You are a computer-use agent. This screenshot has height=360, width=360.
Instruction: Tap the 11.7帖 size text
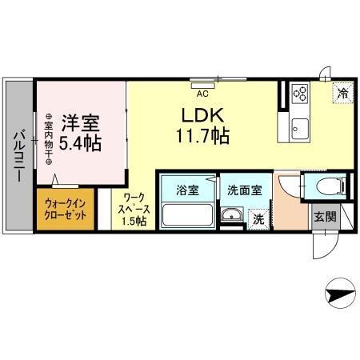coord(202,136)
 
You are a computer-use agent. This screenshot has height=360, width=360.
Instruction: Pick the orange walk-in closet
coord(65,210)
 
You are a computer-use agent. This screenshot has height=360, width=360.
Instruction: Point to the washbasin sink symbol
coord(233,214)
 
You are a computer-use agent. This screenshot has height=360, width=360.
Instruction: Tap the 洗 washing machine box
coord(258,217)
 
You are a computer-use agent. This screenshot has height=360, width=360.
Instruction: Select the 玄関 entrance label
coord(323,217)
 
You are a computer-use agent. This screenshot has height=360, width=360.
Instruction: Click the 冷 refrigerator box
coord(340,93)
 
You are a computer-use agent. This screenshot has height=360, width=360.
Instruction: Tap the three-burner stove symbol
coord(301,94)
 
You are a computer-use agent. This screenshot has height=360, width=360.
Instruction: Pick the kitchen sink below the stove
coord(301,126)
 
